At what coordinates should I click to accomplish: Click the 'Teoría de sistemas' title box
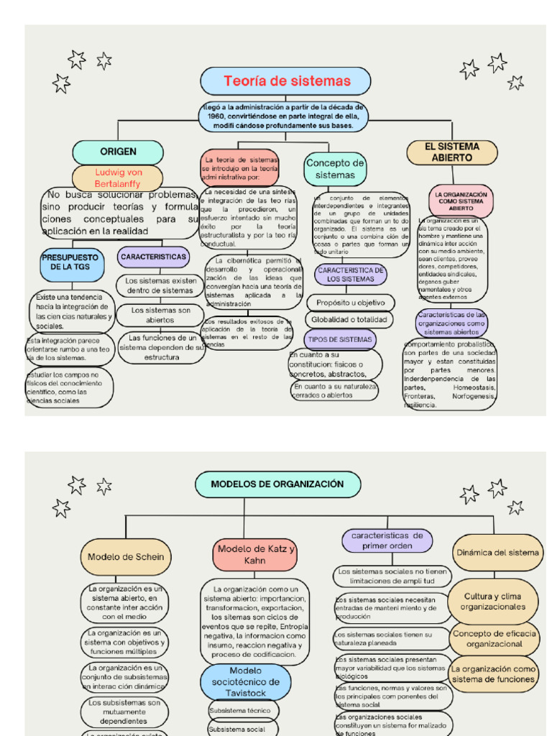coord(285,81)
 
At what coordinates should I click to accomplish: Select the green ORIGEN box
coord(118,152)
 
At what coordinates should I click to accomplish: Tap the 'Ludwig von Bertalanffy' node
coord(118,178)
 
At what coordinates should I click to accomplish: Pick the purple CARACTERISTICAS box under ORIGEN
coord(152,257)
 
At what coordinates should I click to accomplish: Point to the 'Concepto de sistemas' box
coord(335,169)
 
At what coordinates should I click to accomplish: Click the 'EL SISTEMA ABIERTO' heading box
coord(452,152)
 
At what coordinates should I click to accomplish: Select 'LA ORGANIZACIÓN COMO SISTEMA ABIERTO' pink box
coord(461,201)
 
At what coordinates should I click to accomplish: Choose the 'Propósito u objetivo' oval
coord(350,303)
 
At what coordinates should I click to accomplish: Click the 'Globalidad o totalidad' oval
coord(349,319)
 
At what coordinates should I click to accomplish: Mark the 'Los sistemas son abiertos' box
coord(160,315)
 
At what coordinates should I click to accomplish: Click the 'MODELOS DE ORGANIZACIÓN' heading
coord(277,484)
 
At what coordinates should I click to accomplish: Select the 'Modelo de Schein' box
coord(125,557)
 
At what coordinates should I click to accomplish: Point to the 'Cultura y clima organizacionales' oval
coord(492,602)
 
